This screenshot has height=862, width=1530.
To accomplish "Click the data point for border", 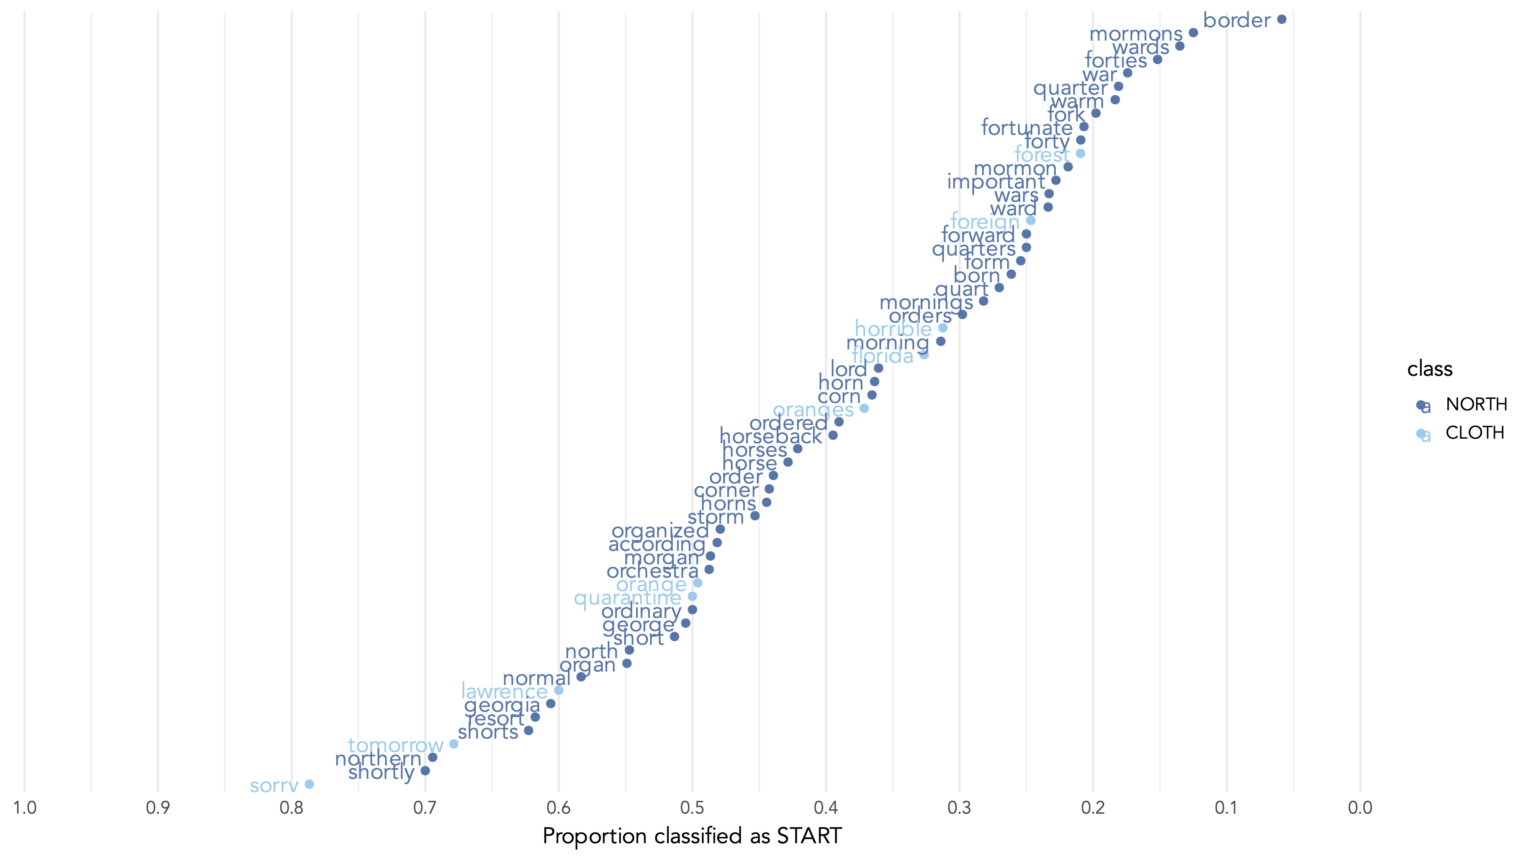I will (1281, 20).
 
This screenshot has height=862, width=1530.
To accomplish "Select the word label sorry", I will (274, 785).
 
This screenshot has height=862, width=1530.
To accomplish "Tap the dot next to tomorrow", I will (454, 744).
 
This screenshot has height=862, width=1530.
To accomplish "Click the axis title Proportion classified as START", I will (692, 836).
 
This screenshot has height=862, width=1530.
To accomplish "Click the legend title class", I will (1430, 369).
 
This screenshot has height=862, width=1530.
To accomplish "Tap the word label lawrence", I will (504, 692).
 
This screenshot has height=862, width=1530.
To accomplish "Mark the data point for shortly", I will (425, 770).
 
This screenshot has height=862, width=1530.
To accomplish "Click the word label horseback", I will (770, 437).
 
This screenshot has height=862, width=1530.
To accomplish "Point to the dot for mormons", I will (1193, 33).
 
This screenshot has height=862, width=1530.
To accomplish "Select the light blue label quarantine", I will (627, 598).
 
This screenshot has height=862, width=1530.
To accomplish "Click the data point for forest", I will (1080, 153).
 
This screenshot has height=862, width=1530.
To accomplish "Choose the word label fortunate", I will (1026, 128).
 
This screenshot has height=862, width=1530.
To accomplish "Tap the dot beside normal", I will (581, 677).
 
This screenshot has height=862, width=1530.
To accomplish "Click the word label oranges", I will (813, 410).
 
